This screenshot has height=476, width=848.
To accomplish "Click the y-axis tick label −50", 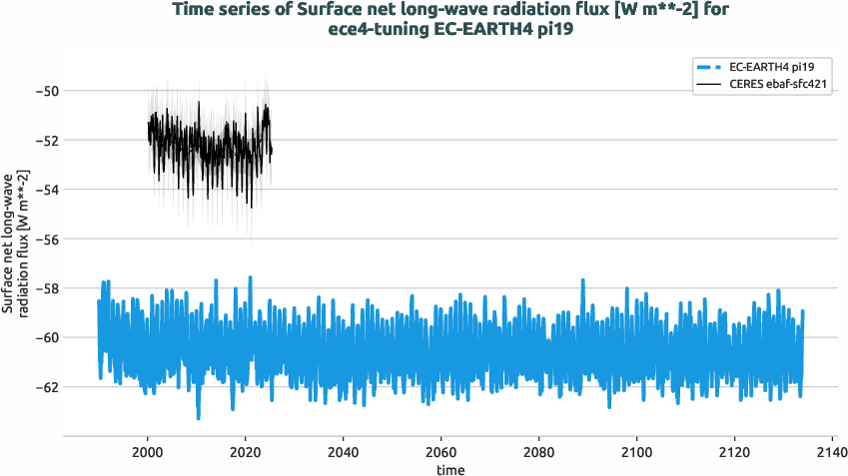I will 46,91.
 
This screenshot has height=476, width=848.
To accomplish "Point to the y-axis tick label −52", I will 46,141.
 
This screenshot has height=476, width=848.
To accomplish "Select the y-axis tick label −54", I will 46,190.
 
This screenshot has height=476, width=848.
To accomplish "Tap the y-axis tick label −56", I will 46,239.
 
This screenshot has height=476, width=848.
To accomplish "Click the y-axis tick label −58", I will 46,288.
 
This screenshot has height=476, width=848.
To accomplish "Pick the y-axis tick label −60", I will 46,337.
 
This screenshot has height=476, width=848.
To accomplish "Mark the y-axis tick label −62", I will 46,387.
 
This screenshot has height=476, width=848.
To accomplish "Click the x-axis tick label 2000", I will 148,451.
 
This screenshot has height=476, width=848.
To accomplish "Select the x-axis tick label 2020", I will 246,451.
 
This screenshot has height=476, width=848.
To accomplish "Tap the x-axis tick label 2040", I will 344,451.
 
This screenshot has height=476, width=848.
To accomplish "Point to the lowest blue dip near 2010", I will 199,416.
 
